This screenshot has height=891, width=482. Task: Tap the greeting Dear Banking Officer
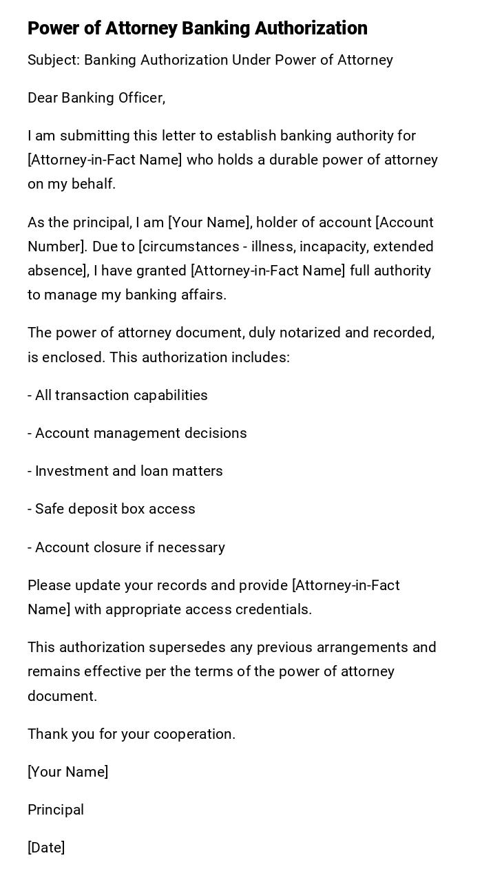pos(96,98)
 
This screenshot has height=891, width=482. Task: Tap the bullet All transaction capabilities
pos(118,395)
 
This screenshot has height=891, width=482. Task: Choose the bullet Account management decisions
pos(137,433)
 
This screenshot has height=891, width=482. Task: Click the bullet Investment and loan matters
pos(125,471)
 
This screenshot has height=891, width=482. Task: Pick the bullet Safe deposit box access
pos(112,509)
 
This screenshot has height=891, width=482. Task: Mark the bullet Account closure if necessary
pos(126,547)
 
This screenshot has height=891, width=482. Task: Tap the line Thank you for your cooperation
pos(132,734)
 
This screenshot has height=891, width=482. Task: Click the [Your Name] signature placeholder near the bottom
pos(67,772)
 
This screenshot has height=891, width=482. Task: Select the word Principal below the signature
pos(56,810)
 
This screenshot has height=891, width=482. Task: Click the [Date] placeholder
pos(46,848)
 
